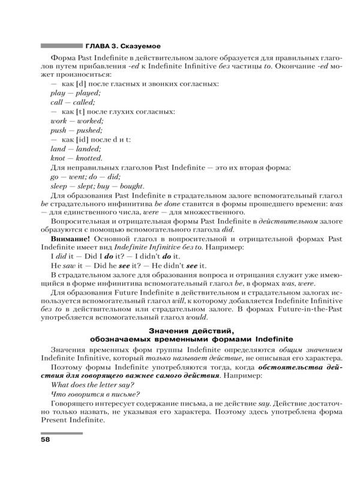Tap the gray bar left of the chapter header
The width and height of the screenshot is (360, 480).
61,45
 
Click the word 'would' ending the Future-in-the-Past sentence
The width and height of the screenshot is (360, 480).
196,317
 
